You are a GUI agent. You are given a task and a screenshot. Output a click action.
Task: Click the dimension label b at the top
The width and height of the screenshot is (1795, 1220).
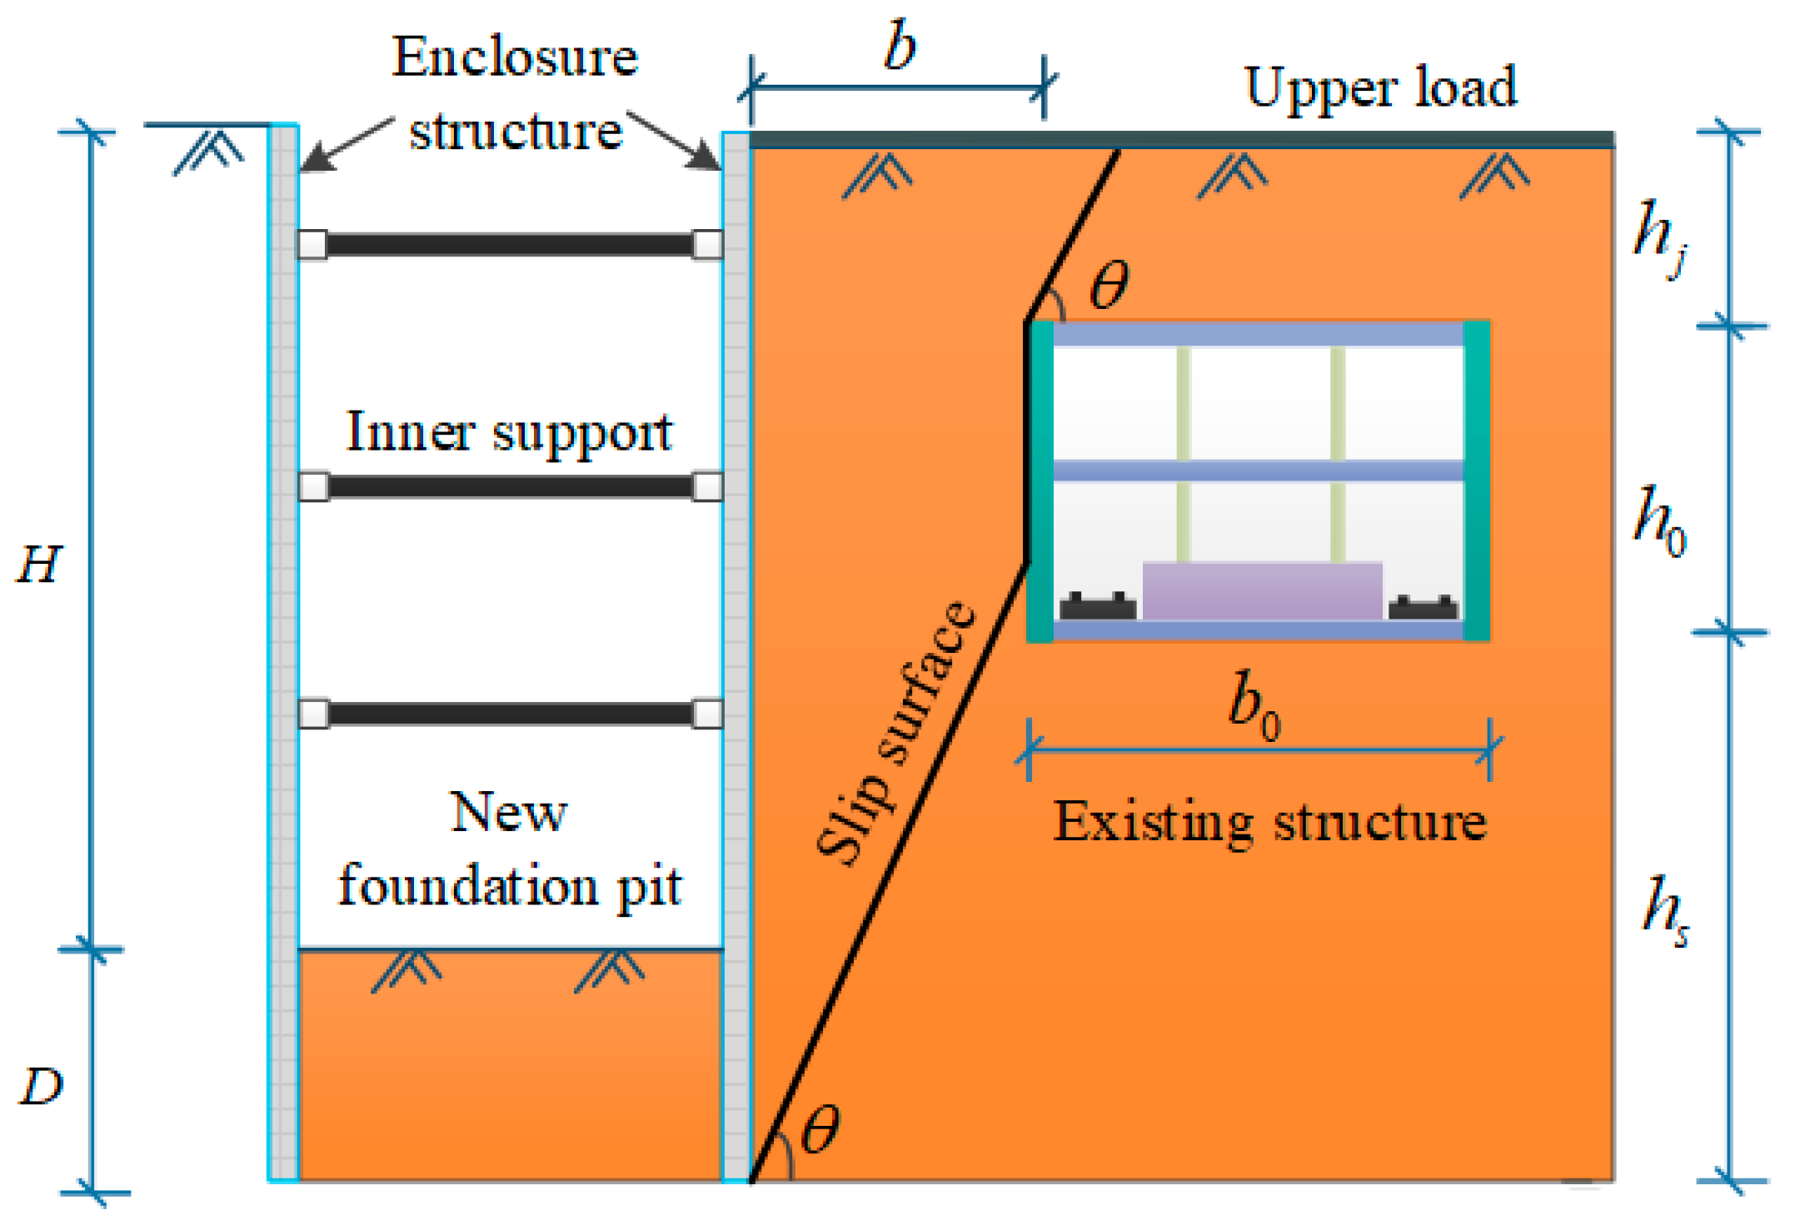(x=900, y=46)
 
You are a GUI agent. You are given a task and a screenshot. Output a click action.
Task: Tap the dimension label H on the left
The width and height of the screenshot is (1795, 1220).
(x=38, y=565)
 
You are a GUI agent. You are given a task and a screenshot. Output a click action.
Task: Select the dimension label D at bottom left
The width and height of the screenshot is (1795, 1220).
(x=40, y=1087)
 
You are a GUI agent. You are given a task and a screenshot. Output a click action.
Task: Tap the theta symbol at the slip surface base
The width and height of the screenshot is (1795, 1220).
(x=820, y=1130)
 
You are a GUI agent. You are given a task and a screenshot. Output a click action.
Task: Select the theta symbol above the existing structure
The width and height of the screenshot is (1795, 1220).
(x=1109, y=285)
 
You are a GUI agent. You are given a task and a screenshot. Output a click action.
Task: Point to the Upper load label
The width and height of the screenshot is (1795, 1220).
(x=1380, y=87)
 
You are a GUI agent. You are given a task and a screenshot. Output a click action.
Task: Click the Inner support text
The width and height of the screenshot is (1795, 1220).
(x=509, y=433)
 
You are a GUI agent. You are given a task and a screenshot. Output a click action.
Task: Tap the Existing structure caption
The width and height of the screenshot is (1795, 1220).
(x=1269, y=823)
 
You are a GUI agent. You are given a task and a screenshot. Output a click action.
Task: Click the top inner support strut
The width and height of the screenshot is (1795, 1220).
(x=509, y=245)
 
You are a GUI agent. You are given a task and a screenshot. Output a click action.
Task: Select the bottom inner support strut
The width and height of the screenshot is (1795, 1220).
(x=509, y=714)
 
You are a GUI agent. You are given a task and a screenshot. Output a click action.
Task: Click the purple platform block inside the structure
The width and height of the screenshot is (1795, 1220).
(x=1261, y=591)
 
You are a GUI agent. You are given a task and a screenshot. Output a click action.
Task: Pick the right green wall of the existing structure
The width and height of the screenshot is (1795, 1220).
(x=1476, y=481)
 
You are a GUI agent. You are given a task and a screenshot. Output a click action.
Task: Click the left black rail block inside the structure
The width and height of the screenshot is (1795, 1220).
(x=1097, y=606)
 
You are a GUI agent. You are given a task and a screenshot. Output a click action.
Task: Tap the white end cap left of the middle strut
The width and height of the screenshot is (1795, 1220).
(x=313, y=486)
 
